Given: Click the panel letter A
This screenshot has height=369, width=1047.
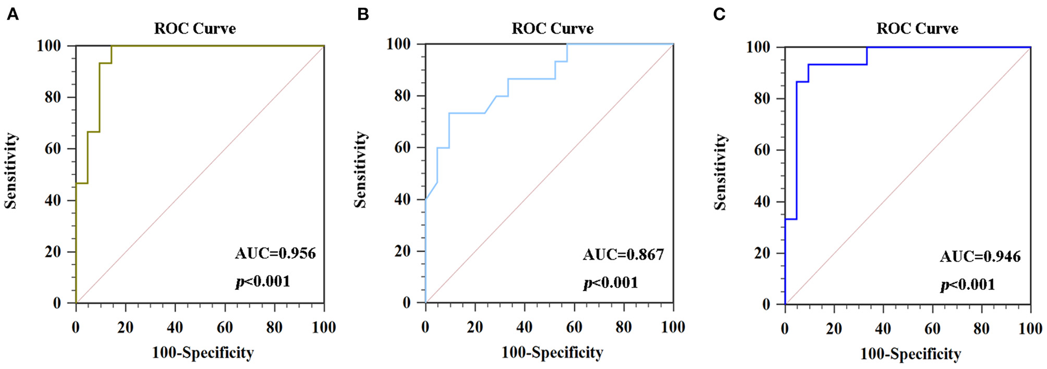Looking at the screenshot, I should tap(12, 15).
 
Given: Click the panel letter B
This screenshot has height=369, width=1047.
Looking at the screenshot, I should tap(363, 15).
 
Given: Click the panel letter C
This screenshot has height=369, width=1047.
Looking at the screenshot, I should tap(719, 15).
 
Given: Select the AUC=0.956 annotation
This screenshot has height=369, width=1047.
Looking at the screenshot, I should tap(275, 254).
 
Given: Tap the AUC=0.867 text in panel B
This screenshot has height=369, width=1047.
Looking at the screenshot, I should tap(623, 255).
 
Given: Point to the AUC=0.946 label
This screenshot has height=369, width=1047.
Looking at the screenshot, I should tap(980, 257).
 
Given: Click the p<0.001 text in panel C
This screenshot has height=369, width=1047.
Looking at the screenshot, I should tap(967, 285).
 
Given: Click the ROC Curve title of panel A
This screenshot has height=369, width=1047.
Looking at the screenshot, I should tap(195, 28).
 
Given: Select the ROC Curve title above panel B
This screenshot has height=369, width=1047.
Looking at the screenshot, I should tap(552, 28).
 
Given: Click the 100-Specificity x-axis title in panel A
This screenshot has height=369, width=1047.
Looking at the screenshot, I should tap(203, 353).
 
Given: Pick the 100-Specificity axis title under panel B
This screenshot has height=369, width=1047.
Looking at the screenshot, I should tap(552, 353).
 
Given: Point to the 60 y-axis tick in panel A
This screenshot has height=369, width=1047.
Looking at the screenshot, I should tap(53, 148).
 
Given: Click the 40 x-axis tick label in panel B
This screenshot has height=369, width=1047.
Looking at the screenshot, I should tap(524, 327).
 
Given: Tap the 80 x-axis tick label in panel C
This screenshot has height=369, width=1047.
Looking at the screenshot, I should tap(981, 328).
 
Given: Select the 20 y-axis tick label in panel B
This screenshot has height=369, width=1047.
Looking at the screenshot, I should tap(402, 251).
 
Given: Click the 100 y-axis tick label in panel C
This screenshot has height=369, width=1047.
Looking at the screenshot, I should tap(758, 47).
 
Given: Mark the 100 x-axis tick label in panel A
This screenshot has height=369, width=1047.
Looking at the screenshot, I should tap(323, 327).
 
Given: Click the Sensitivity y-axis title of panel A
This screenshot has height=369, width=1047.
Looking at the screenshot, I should tap(11, 171).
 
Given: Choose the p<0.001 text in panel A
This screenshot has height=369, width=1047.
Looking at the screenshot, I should tap(263, 281).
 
